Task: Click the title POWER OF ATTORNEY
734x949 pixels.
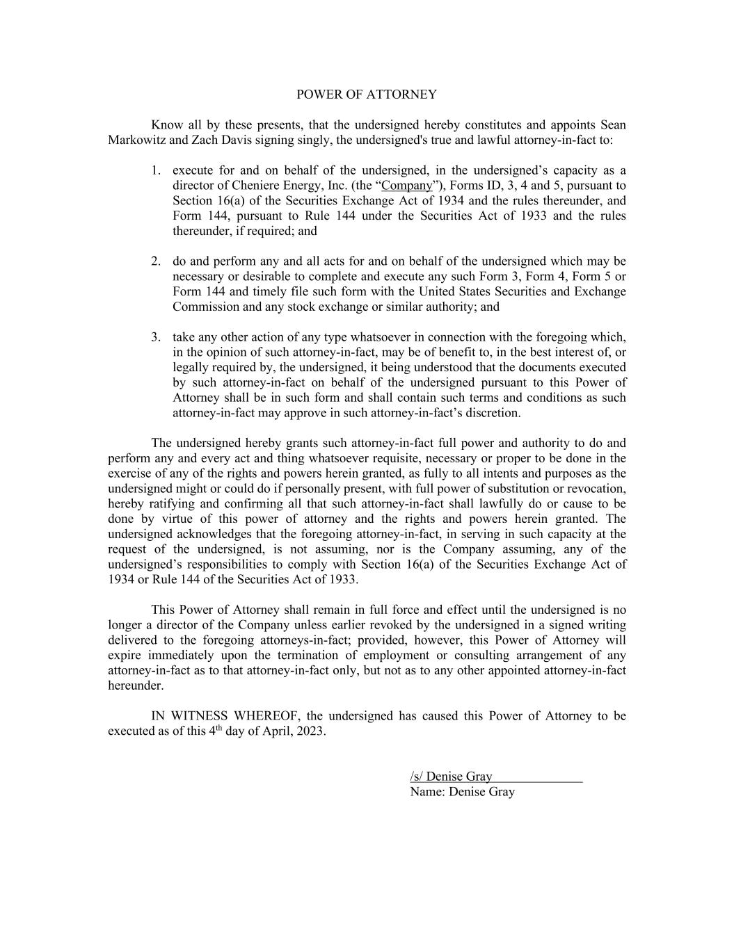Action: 367,95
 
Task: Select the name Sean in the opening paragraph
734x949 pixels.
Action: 613,125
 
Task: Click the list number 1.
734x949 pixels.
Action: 156,170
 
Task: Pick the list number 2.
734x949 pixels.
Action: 156,261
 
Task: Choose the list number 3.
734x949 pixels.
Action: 156,337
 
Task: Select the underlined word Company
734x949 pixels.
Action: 407,186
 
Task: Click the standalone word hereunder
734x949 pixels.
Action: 136,686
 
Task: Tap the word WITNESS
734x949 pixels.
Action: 202,716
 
